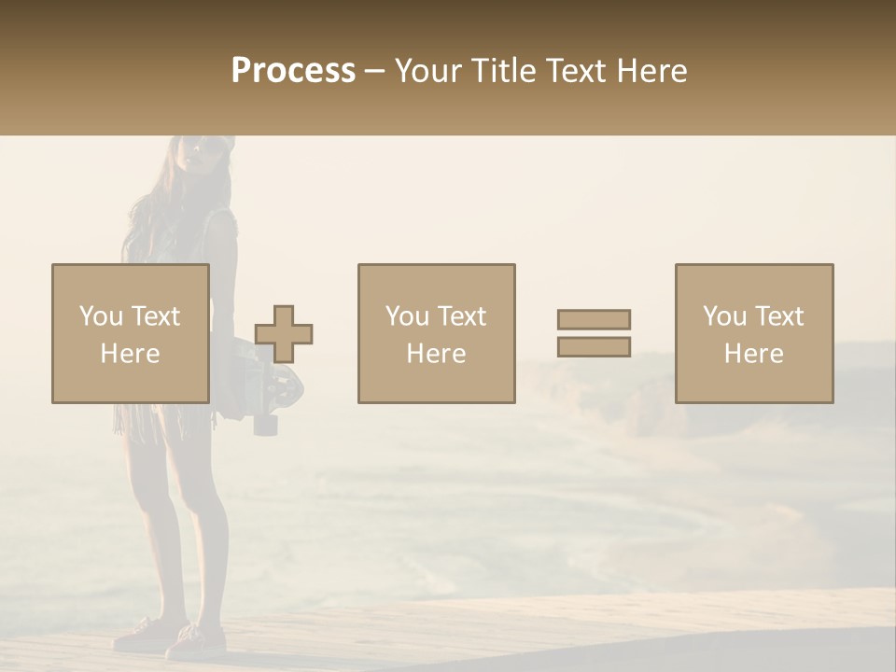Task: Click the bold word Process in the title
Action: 293,71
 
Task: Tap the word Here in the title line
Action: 653,71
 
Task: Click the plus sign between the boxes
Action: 284,334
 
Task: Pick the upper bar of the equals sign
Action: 594,319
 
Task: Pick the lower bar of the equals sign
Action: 594,347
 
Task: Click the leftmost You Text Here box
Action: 130,333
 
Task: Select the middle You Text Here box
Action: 436,333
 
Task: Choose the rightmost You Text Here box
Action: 753,333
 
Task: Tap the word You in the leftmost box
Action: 100,316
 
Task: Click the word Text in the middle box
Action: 461,316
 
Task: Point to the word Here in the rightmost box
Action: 753,353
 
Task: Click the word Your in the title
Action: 424,71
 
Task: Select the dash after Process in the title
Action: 374,71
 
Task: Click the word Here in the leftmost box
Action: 130,353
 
